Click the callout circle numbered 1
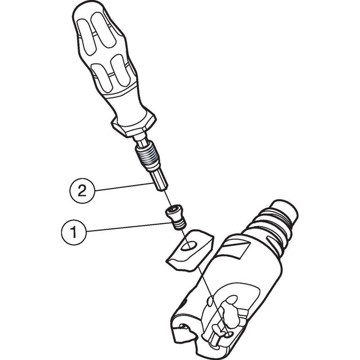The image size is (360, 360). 74,232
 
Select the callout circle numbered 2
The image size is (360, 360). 82,191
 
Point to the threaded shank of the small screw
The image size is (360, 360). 178,224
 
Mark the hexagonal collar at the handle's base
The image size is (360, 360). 134,126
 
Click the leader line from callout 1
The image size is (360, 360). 129,227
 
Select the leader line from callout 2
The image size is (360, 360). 123,187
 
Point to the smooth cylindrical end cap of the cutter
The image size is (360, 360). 285,211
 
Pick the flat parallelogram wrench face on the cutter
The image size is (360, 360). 236,249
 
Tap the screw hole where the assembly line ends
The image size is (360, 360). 229,335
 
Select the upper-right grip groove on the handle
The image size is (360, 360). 103,30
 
